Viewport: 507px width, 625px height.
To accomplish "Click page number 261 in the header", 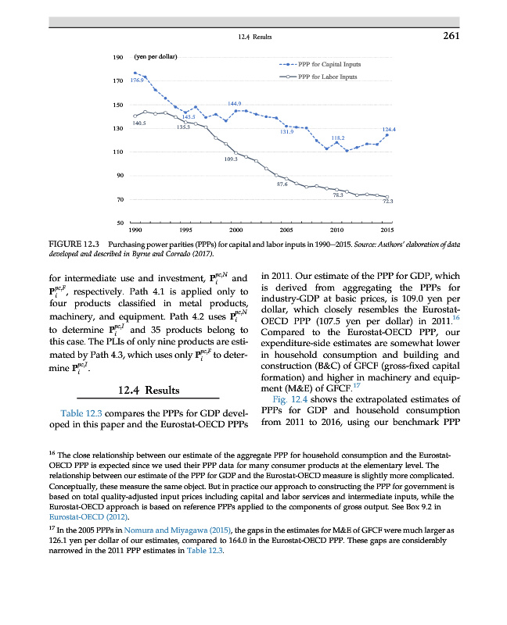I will pyautogui.click(x=450, y=35).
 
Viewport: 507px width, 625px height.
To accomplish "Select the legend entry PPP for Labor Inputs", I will pyautogui.click(x=325, y=77).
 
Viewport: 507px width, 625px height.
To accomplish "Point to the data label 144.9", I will pyautogui.click(x=234, y=104).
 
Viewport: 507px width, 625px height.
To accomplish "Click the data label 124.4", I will pyautogui.click(x=388, y=130).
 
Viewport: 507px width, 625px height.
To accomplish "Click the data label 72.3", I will pyautogui.click(x=387, y=202).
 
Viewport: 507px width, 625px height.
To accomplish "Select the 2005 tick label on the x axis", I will pyautogui.click(x=286, y=231).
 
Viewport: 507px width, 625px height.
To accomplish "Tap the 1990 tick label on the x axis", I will pyautogui.click(x=135, y=231).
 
